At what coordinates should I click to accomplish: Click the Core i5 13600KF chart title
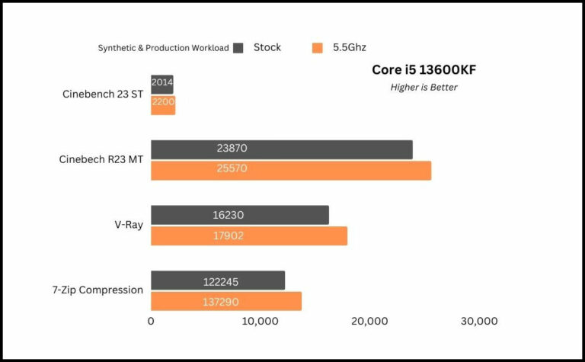[424, 70]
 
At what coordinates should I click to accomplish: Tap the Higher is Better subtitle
[424, 87]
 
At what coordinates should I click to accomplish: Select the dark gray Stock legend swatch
[238, 48]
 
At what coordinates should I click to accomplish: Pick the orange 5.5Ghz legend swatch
[318, 48]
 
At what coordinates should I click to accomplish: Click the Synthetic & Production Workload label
[163, 48]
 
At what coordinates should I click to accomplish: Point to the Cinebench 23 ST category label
[103, 95]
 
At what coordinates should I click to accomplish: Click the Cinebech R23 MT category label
[101, 160]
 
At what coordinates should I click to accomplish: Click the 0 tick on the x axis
[151, 322]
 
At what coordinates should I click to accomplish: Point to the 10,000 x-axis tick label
[260, 322]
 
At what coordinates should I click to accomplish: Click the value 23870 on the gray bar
[232, 149]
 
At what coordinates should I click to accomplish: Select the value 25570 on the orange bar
[232, 169]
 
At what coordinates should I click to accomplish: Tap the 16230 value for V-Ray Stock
[228, 216]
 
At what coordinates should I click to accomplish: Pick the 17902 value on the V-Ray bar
[228, 235]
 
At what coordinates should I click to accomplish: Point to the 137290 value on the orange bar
[221, 302]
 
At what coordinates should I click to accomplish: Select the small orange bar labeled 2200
[163, 105]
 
